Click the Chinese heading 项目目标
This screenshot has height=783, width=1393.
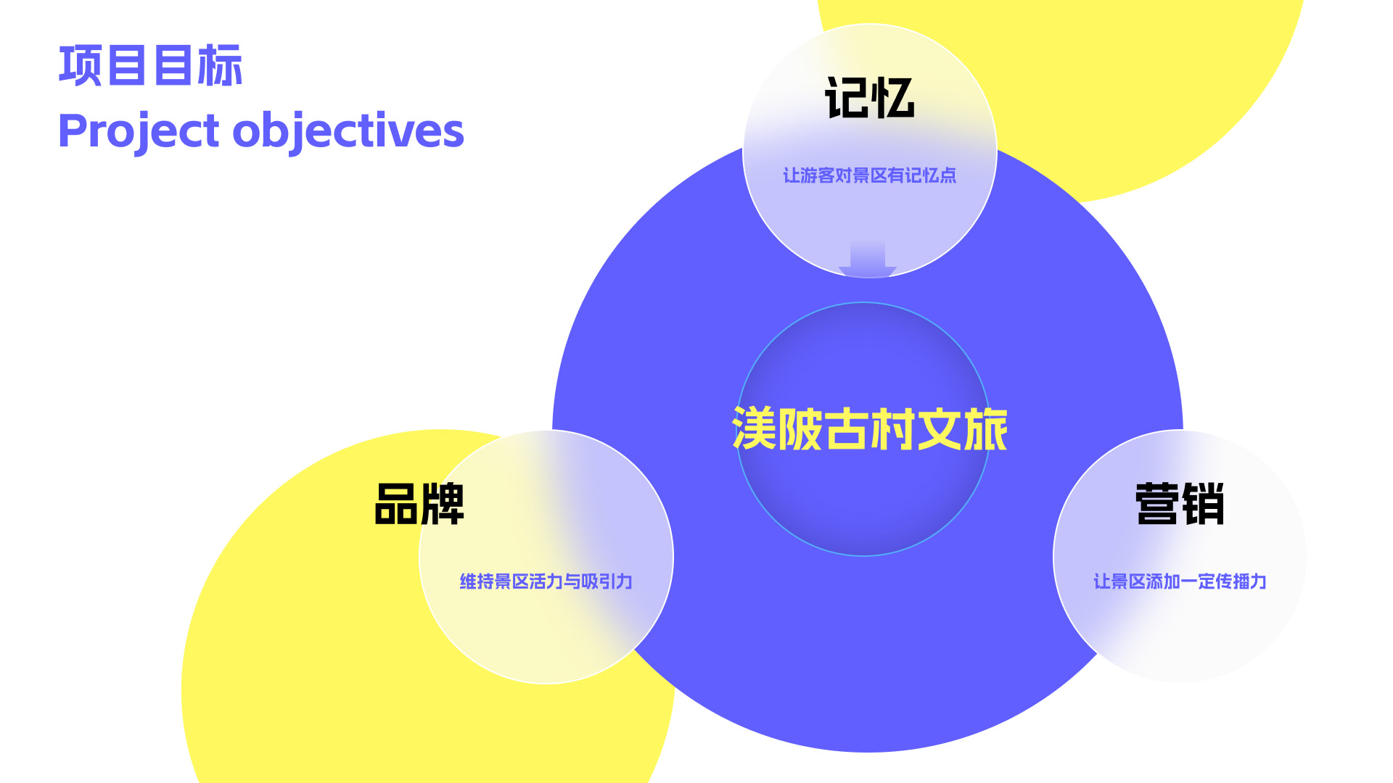point(150,66)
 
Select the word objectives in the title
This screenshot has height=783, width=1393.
point(348,132)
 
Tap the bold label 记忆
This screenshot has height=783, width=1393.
point(869,98)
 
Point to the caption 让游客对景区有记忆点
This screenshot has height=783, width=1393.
point(869,175)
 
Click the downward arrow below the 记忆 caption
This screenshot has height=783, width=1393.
point(868,259)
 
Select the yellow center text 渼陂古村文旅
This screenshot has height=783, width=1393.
point(869,429)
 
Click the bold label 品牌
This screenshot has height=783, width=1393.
point(419,504)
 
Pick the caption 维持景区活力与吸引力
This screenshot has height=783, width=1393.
point(546,581)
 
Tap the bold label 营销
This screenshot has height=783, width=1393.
point(1180,504)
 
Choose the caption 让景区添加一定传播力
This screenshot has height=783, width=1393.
point(1180,581)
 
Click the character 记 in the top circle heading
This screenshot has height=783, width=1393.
point(847,98)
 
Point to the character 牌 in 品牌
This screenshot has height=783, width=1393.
point(443,504)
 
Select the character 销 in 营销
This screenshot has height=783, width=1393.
point(1203,504)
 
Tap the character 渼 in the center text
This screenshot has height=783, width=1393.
point(755,429)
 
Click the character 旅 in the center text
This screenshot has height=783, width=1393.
point(985,429)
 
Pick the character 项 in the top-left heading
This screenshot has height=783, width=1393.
point(81,66)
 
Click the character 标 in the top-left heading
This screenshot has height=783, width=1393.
point(221,66)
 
